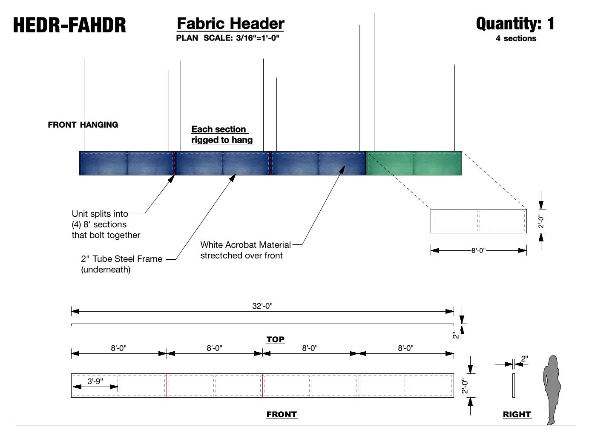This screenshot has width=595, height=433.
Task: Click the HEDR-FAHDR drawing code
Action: [69, 25]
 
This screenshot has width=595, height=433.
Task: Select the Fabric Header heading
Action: [230, 23]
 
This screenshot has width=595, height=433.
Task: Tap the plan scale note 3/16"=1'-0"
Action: [228, 38]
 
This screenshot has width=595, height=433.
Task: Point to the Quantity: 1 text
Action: [515, 23]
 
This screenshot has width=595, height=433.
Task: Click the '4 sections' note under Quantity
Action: [516, 38]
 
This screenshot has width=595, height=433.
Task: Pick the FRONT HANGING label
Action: [83, 125]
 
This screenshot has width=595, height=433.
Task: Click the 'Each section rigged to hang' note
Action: [221, 135]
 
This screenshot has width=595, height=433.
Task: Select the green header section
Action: [414, 163]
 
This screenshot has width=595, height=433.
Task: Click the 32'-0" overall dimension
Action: [262, 306]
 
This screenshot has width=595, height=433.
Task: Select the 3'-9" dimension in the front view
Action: [95, 381]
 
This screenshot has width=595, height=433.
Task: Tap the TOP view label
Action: [275, 339]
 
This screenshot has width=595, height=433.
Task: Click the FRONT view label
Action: [282, 414]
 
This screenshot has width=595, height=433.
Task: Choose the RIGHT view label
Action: [517, 414]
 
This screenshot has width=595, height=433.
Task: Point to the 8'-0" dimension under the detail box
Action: [478, 250]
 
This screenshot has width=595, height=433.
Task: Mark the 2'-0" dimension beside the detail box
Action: [541, 221]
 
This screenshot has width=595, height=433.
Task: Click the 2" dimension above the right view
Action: [524, 359]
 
